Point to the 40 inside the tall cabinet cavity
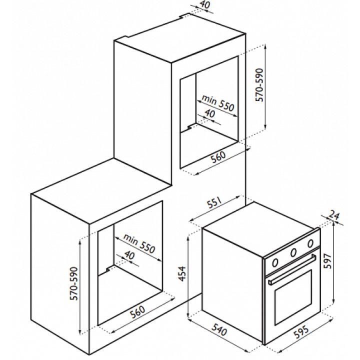pos(210,114)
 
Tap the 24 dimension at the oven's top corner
pos(335,216)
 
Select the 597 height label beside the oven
pos(342,259)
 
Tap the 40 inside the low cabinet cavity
pos(129,255)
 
